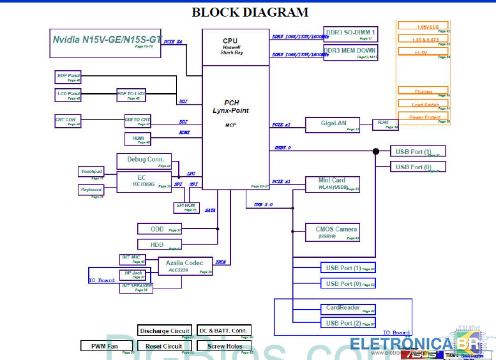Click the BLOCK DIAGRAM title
[250, 12]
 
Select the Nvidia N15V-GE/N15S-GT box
[106, 41]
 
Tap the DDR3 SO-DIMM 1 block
[350, 34]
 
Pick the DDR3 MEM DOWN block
[350, 52]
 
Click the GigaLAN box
[332, 125]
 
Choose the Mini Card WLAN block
[333, 184]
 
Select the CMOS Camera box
[336, 232]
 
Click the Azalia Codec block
[185, 266]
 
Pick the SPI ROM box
[186, 207]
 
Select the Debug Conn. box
[144, 161]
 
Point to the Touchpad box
[91, 172]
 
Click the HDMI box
[138, 139]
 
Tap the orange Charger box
[423, 91]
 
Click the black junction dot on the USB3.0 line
[376, 151]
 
